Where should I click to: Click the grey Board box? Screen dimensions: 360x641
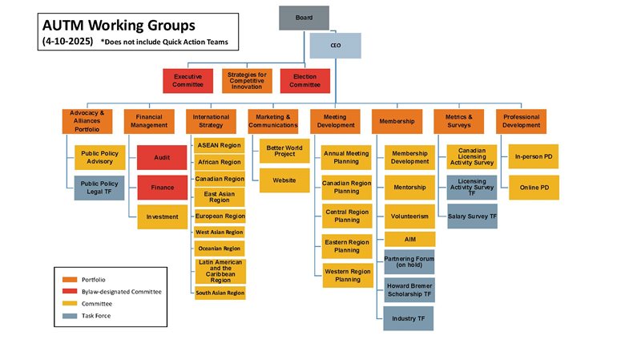[x=304, y=18]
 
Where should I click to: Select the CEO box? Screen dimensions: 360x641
[x=336, y=46]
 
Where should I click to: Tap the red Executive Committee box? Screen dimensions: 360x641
[x=187, y=81]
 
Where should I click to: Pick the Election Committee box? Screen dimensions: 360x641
[x=305, y=81]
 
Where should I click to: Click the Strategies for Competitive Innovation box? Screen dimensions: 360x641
[x=247, y=81]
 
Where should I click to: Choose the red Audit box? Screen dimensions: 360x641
[x=163, y=157]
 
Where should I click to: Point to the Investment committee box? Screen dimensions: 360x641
[x=163, y=216]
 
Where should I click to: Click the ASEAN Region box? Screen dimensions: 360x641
[x=220, y=146]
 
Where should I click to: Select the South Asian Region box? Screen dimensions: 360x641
[x=220, y=293]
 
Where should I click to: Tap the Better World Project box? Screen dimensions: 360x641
[x=284, y=151]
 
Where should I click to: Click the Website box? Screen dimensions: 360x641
[x=284, y=180]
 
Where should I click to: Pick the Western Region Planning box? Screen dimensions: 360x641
[x=346, y=276]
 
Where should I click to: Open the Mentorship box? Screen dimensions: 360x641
[x=409, y=187]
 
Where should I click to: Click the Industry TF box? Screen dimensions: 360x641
[x=409, y=318]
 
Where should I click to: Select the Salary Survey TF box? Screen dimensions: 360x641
[x=472, y=216]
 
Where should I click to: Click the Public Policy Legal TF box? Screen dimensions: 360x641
[x=99, y=187]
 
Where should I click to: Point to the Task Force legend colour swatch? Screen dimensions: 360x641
[x=71, y=318]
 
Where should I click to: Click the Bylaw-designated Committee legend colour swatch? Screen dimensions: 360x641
[x=71, y=292]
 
